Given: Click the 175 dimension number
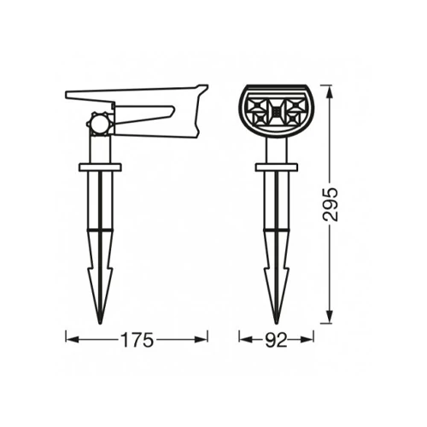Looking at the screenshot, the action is [x=137, y=340].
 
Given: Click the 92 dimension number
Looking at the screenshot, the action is [x=276, y=340].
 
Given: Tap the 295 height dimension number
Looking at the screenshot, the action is [x=330, y=204].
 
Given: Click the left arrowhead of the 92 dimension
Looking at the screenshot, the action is [x=244, y=339].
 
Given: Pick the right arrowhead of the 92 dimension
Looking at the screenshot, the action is [x=309, y=339].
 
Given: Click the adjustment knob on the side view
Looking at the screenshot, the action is [x=98, y=124].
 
